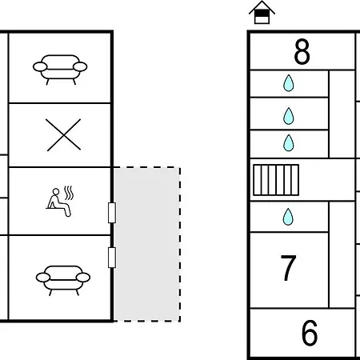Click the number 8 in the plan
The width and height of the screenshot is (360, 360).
(302, 52)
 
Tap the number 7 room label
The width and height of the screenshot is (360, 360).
(289, 267)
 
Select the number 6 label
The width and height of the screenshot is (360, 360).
(310, 333)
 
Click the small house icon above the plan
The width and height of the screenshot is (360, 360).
(262, 12)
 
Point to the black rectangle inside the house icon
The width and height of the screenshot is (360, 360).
(262, 14)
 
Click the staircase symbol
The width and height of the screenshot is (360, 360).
(276, 180)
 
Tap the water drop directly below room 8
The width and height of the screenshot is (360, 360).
(289, 83)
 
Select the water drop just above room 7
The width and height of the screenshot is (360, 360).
(288, 217)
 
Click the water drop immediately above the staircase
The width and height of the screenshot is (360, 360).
(289, 143)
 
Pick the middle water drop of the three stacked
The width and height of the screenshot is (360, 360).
(289, 116)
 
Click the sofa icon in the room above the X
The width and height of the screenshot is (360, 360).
(60, 70)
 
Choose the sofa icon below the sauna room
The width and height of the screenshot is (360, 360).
(63, 280)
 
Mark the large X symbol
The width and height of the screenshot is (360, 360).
(63, 135)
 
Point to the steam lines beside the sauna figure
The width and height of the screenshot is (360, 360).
(69, 194)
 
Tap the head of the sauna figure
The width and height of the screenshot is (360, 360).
(56, 192)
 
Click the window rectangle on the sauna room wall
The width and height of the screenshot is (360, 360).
(112, 213)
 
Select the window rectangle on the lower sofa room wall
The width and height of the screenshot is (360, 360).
(112, 258)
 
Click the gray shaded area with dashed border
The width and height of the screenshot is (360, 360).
(146, 244)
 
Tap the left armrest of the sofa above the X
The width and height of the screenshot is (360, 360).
(40, 66)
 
